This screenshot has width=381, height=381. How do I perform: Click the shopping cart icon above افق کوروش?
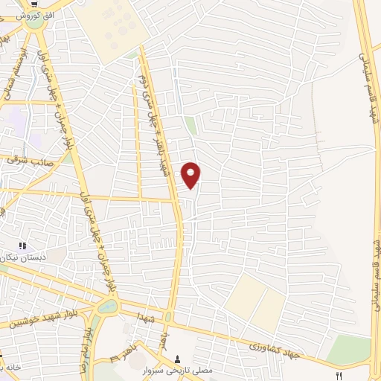point(35,3)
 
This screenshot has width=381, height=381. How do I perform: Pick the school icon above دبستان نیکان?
point(22,246)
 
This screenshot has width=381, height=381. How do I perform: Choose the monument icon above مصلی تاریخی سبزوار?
point(177,358)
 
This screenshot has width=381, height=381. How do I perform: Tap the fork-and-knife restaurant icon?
point(339,377)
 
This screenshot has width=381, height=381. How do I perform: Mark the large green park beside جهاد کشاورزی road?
point(349,349)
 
